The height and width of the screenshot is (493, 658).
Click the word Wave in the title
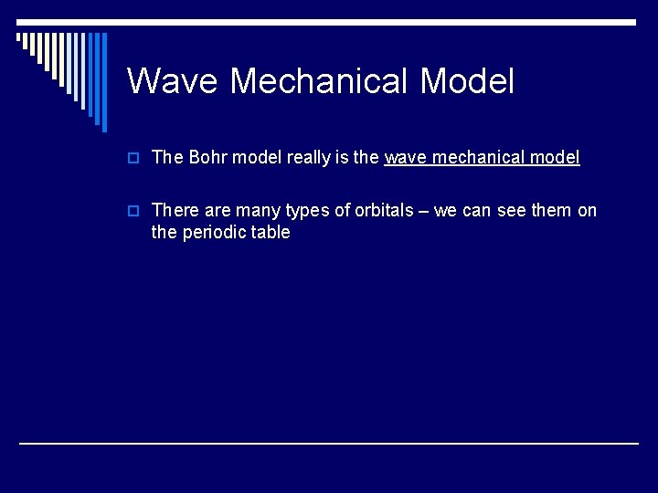pyautogui.click(x=173, y=81)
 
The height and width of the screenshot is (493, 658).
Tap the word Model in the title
pyautogui.click(x=467, y=81)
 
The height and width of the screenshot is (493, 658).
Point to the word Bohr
pyautogui.click(x=208, y=157)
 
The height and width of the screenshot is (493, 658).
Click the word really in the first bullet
pyautogui.click(x=307, y=157)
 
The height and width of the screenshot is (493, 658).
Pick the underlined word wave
pyautogui.click(x=405, y=157)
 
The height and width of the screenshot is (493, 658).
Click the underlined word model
pyautogui.click(x=556, y=157)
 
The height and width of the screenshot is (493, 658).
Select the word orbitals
pyautogui.click(x=383, y=210)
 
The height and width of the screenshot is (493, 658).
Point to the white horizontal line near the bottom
pyautogui.click(x=329, y=443)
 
